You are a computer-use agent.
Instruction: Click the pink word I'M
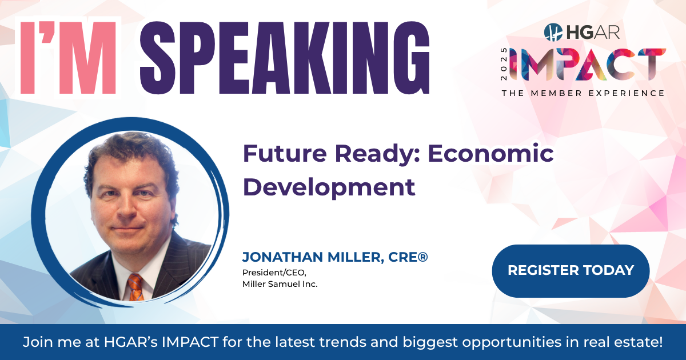pyautogui.click(x=68, y=58)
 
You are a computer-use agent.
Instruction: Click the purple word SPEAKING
pyautogui.click(x=285, y=58)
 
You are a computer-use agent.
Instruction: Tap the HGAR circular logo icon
pyautogui.click(x=553, y=32)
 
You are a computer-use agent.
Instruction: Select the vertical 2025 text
pyautogui.click(x=504, y=64)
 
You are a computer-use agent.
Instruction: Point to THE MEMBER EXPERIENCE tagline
pyautogui.click(x=583, y=93)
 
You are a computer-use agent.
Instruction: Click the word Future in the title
pyautogui.click(x=285, y=153)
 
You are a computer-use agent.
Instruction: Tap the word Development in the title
pyautogui.click(x=329, y=187)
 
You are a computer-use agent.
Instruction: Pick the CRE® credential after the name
pyautogui.click(x=408, y=257)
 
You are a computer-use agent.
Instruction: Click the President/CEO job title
pyautogui.click(x=274, y=273)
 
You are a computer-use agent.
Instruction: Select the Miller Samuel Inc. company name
pyautogui.click(x=280, y=284)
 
